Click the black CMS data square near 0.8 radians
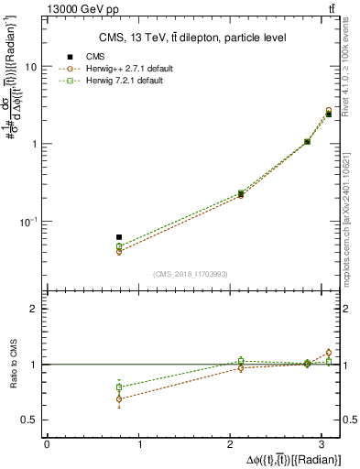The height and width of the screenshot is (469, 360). [119, 236]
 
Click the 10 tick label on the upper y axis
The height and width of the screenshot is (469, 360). [31, 67]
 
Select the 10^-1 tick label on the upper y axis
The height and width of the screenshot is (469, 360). [28, 222]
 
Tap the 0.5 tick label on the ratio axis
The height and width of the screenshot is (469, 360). [31, 420]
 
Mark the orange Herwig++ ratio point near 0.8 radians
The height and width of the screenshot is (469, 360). [119, 398]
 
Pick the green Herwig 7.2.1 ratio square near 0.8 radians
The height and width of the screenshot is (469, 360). [119, 387]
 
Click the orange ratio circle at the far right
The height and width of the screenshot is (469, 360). [329, 353]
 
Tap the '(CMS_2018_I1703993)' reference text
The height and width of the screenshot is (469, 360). [191, 274]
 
